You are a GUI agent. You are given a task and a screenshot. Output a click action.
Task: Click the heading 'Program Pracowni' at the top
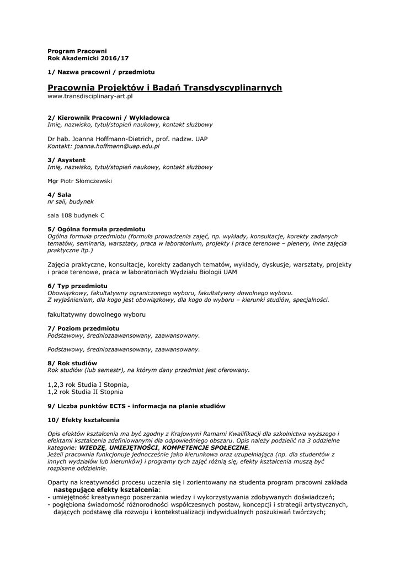(77, 51)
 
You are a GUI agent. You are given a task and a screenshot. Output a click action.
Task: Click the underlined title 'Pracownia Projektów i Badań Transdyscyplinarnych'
(165, 88)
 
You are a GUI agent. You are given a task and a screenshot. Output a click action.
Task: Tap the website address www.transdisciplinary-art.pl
(90, 96)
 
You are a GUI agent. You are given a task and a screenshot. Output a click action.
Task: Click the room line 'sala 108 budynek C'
(76, 215)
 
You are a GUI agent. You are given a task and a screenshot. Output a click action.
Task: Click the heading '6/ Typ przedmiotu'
(78, 286)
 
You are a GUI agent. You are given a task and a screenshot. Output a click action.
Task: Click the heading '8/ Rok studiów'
(72, 363)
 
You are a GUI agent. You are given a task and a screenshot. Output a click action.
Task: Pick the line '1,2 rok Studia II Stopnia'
(86, 392)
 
